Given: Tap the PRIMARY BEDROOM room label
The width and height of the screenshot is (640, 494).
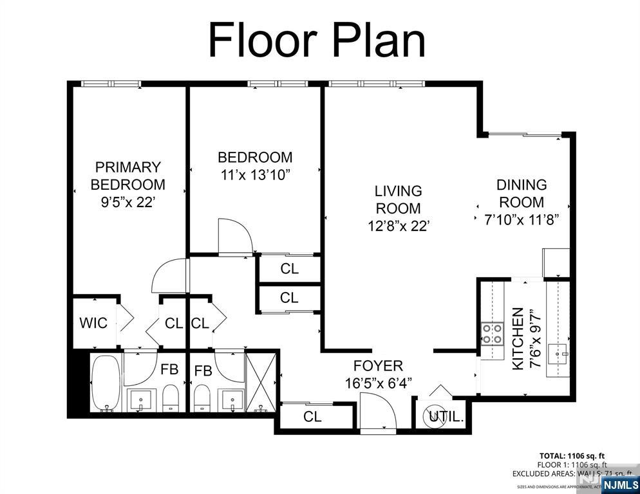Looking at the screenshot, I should click(127, 176).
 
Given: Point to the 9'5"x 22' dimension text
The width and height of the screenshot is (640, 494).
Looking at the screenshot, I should click(127, 201).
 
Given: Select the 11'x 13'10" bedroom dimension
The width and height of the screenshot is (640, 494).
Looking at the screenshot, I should click(255, 174).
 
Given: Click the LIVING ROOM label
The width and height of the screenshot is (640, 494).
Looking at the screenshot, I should click(399, 200).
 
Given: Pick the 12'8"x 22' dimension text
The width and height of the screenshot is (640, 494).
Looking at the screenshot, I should click(399, 226).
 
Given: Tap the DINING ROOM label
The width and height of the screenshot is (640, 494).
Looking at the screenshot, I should click(521, 194).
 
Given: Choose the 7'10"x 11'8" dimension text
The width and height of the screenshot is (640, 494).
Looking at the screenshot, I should click(521, 219).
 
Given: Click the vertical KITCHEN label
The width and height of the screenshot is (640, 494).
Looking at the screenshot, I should click(518, 338).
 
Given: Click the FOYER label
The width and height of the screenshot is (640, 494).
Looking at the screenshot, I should click(378, 366).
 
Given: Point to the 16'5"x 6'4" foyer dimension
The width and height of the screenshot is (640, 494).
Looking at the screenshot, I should click(378, 383).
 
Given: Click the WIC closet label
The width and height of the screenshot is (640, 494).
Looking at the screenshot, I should click(93, 323).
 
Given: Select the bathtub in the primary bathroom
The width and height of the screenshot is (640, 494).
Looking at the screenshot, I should click(105, 382).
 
